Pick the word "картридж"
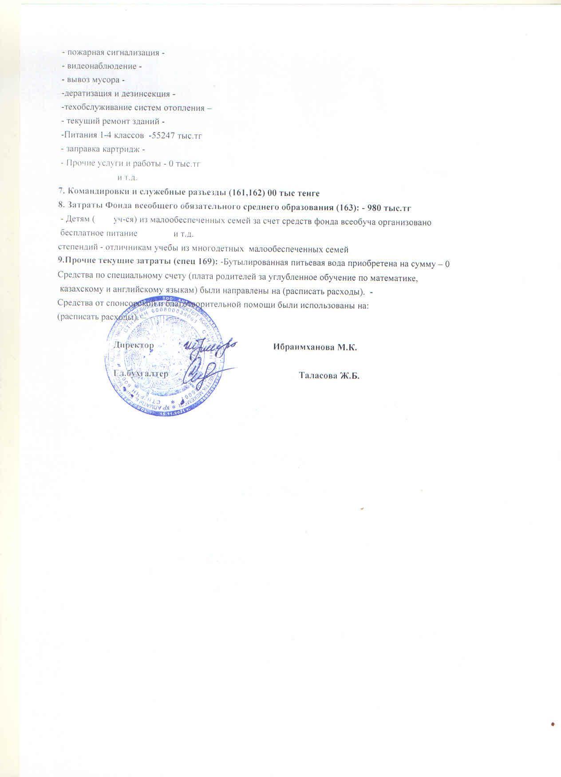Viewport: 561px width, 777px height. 122,149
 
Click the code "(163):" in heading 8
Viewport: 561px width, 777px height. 346,207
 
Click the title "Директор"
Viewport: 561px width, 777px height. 134,345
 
